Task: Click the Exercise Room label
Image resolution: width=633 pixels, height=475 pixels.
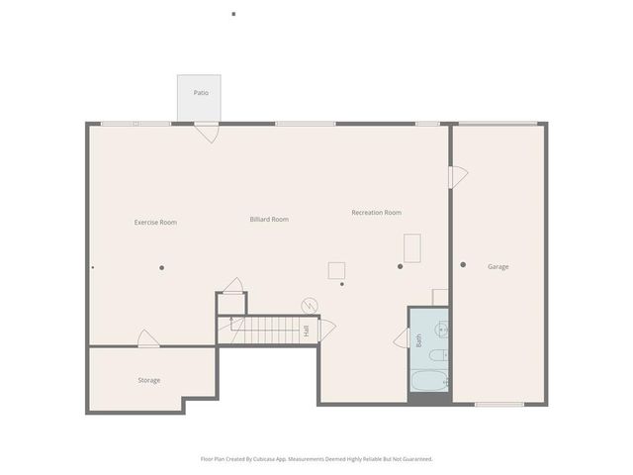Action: point(155,223)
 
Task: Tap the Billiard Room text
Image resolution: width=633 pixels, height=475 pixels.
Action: point(269,219)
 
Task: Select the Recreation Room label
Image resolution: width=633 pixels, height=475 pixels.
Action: point(376,213)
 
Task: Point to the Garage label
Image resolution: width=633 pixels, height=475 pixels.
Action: point(497,266)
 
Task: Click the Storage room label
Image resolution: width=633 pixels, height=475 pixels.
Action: point(148,380)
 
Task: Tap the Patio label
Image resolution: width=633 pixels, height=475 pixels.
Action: point(201,93)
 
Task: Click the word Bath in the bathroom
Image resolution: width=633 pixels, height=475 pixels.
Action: point(418,339)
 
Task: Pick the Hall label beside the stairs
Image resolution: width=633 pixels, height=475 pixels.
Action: point(307,331)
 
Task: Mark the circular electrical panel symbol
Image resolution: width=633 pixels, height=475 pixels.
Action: point(310,305)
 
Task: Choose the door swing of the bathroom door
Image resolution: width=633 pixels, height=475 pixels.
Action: point(402,338)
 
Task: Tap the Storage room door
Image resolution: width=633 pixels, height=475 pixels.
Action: point(148,339)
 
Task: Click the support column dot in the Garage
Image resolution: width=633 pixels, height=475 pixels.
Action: point(463,264)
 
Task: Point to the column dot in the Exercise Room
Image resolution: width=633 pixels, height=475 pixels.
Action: point(161,267)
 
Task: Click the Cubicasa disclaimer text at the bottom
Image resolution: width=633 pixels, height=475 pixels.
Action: point(316,459)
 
